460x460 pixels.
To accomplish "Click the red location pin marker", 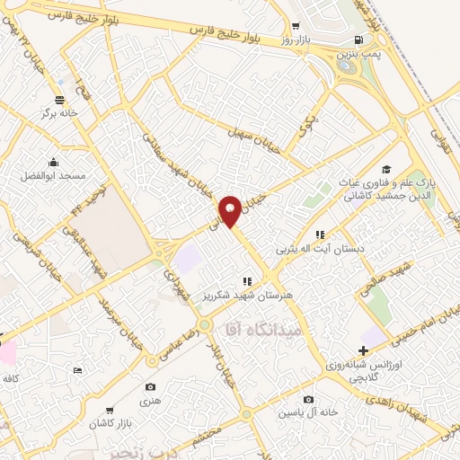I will pos(231,210).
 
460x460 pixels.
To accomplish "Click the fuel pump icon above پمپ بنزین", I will pos(359,40).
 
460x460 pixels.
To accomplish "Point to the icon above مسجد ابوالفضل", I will pos(53,163).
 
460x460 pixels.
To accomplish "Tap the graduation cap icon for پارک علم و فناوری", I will pos(386,170).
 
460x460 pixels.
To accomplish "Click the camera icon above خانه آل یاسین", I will pos(309,399).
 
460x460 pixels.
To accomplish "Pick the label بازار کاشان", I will pos(111,422).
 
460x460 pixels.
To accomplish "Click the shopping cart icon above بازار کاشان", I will pos(111,409).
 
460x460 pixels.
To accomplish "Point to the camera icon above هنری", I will pos(151,387).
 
